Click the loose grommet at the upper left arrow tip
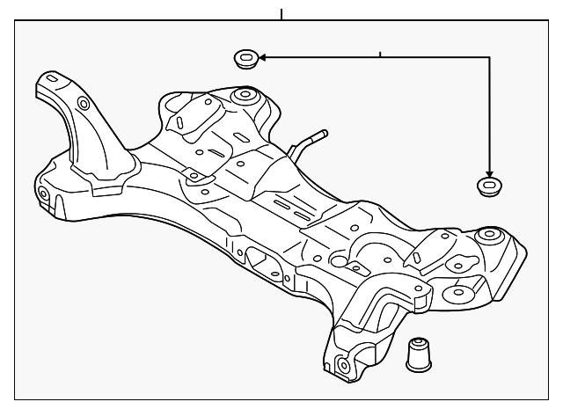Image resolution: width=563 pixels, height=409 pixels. coord(245,60)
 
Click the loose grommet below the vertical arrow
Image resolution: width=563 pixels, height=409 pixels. coord(488,186)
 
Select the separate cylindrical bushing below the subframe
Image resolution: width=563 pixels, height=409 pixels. coord(419,354)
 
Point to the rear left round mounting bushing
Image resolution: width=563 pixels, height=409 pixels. coord(244,95)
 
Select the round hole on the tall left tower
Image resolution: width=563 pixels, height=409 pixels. coord(84,104)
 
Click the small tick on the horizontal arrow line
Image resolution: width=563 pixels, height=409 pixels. coord(379,55)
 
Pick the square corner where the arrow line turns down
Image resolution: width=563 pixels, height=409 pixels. coord(489,59)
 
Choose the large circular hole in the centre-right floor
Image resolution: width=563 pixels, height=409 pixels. coord(338,261)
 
